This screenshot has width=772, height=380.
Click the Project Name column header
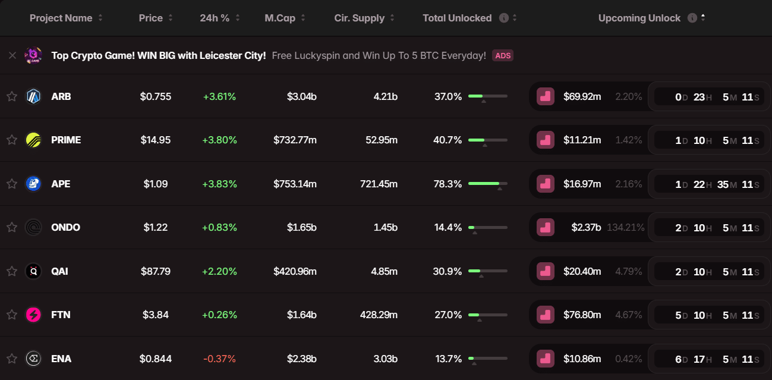coord(61,18)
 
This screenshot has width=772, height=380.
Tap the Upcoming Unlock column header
coord(639,18)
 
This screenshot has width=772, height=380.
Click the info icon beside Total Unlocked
coord(504,18)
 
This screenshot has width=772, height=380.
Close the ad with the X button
coord(12,55)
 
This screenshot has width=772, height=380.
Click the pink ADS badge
coord(503,55)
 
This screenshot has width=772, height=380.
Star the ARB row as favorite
coord(12,96)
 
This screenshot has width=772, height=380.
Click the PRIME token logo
coord(33,140)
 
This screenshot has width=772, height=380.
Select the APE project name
coord(61,184)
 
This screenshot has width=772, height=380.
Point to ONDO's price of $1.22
coord(155,227)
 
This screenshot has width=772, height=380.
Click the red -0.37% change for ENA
coord(219,359)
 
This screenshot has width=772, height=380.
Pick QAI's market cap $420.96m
coord(295,271)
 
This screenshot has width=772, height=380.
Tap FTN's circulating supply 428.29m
coord(379,315)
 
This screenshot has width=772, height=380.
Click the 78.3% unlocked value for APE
coord(448,184)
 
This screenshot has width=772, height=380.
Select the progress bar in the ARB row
coord(488,96)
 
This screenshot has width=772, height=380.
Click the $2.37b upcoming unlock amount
coord(586,227)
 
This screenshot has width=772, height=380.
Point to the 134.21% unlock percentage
coord(625,227)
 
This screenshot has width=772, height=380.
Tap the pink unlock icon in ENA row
coord(546,359)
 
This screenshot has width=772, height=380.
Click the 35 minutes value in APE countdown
coord(723,184)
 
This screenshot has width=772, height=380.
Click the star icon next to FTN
coord(12,315)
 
